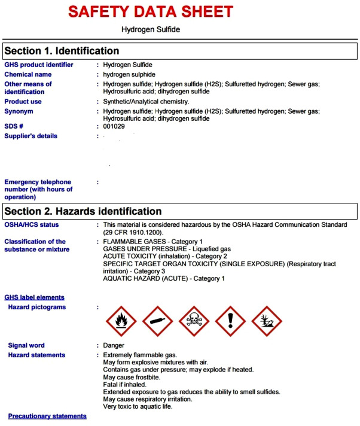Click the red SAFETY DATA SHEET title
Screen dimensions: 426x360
coord(150,11)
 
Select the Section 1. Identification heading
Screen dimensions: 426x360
coord(62,51)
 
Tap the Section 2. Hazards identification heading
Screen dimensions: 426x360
coord(83,211)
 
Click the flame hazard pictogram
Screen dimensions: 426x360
coord(122,321)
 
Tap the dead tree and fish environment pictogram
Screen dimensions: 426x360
coord(267,321)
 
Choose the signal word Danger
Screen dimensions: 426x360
coord(114,346)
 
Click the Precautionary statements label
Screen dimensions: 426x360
coord(47,416)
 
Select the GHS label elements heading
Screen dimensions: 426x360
coord(35,297)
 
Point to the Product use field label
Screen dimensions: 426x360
coord(23,102)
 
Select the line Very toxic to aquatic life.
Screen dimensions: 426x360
coord(138,407)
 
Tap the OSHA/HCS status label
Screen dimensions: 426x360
coord(32,225)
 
